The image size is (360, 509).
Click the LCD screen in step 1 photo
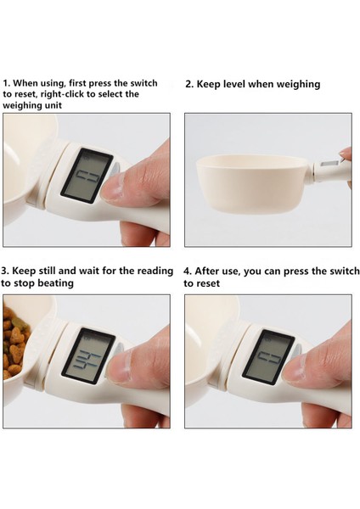(87, 176)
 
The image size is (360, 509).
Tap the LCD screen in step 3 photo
(88, 356)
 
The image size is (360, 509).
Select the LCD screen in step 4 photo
(268, 357)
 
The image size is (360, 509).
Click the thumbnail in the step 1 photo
(111, 187)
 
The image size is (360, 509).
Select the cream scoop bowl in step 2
(252, 183)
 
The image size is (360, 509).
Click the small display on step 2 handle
(329, 164)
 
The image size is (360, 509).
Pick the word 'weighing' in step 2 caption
(298, 85)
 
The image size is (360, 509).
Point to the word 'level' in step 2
(233, 84)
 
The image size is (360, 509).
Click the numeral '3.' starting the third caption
(5, 271)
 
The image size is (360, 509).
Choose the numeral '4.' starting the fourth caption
(188, 271)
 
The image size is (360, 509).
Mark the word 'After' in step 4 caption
(207, 271)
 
